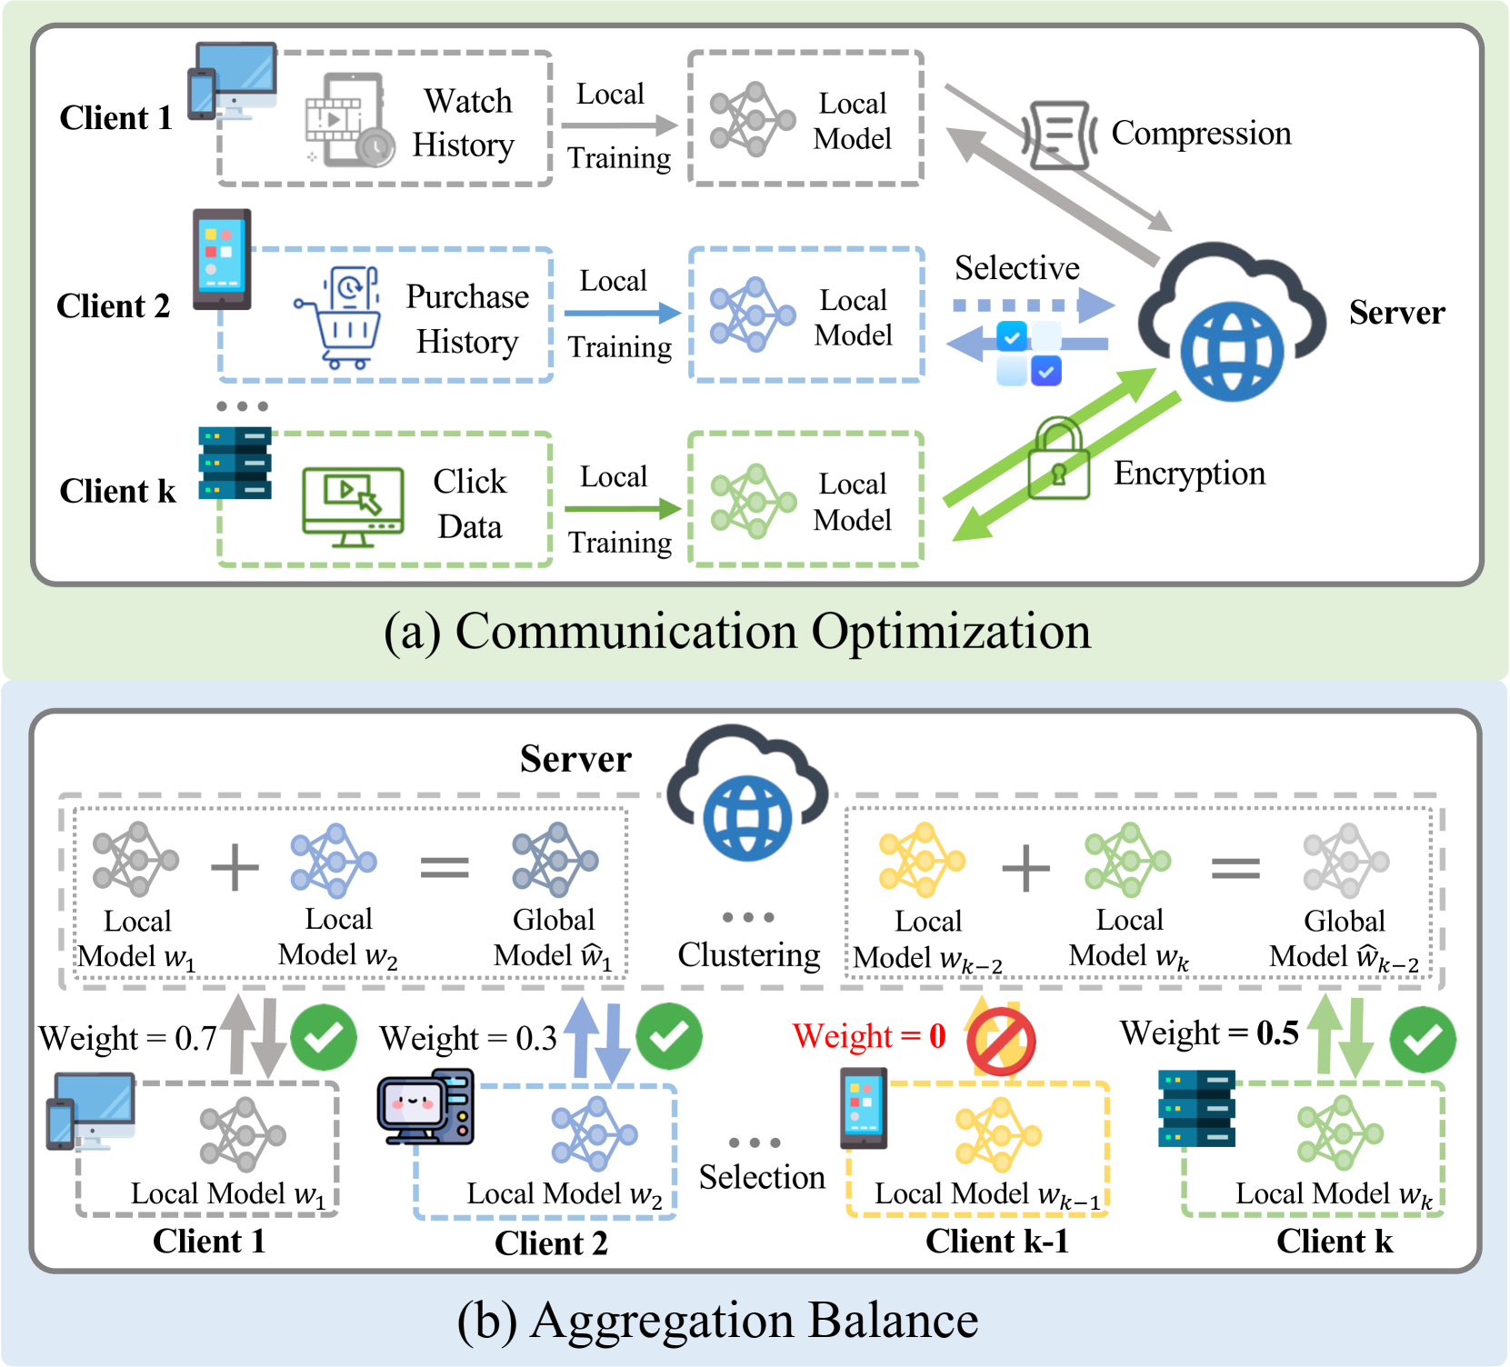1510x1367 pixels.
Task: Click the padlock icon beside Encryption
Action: [x=1058, y=460]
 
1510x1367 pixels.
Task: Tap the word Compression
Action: [x=1201, y=134]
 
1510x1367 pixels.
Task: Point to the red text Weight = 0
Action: [x=869, y=1036]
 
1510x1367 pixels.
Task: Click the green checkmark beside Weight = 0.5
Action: [x=1423, y=1039]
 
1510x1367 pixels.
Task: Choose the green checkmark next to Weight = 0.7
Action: [x=323, y=1037]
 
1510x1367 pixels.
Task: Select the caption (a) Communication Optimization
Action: [x=737, y=631]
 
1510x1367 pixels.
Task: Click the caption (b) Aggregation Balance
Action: [x=718, y=1320]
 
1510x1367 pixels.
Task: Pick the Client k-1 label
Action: [x=996, y=1242]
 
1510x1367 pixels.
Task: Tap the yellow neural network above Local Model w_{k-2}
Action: [x=921, y=860]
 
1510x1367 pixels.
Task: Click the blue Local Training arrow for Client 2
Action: [x=622, y=314]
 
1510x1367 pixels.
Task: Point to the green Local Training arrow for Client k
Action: [x=622, y=509]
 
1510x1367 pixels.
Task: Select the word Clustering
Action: [x=749, y=955]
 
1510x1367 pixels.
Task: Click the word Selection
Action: [x=762, y=1177]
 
